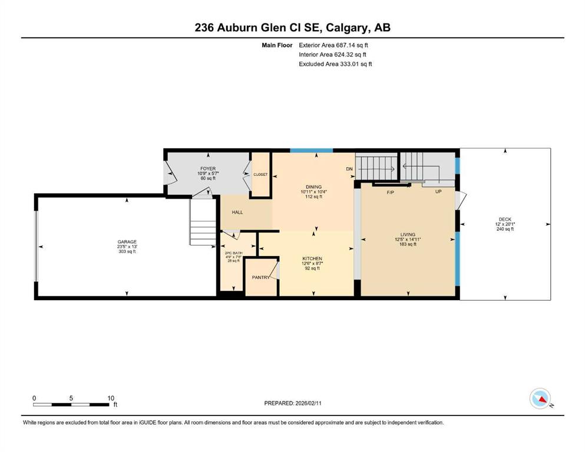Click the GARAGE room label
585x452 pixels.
(127, 242)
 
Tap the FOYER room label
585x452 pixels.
(208, 169)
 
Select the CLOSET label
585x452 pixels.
(260, 174)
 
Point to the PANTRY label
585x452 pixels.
(260, 277)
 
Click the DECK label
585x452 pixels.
(505, 220)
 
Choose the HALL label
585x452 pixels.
(237, 212)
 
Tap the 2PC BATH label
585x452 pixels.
(233, 253)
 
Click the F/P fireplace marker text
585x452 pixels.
(390, 192)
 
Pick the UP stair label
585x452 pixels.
(438, 191)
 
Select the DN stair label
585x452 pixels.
(349, 169)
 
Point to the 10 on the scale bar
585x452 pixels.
(111, 398)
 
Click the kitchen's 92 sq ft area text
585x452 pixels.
(312, 268)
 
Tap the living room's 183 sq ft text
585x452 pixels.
(408, 244)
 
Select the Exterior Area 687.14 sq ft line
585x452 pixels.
(333, 45)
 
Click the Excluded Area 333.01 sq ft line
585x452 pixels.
(335, 64)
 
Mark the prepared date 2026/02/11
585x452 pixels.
(308, 403)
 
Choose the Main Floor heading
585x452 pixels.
(277, 45)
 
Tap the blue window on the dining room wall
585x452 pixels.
(312, 150)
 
